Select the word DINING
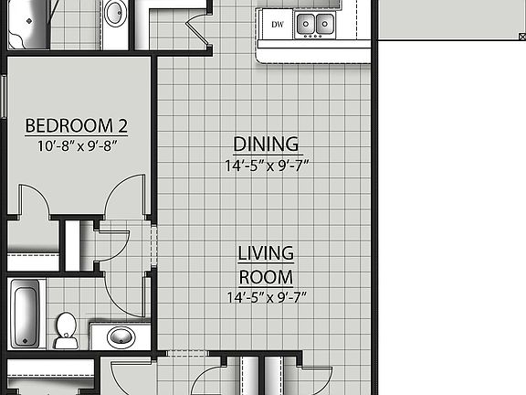pos(266,144)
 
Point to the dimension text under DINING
pos(266,166)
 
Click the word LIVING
pos(266,253)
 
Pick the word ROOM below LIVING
pos(266,277)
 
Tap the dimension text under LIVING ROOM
pos(266,297)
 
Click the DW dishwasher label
pos(277,24)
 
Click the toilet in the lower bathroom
pos(66,330)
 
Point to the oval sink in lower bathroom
pos(121,337)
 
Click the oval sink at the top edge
pos(116,13)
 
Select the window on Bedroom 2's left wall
pos(5,96)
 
